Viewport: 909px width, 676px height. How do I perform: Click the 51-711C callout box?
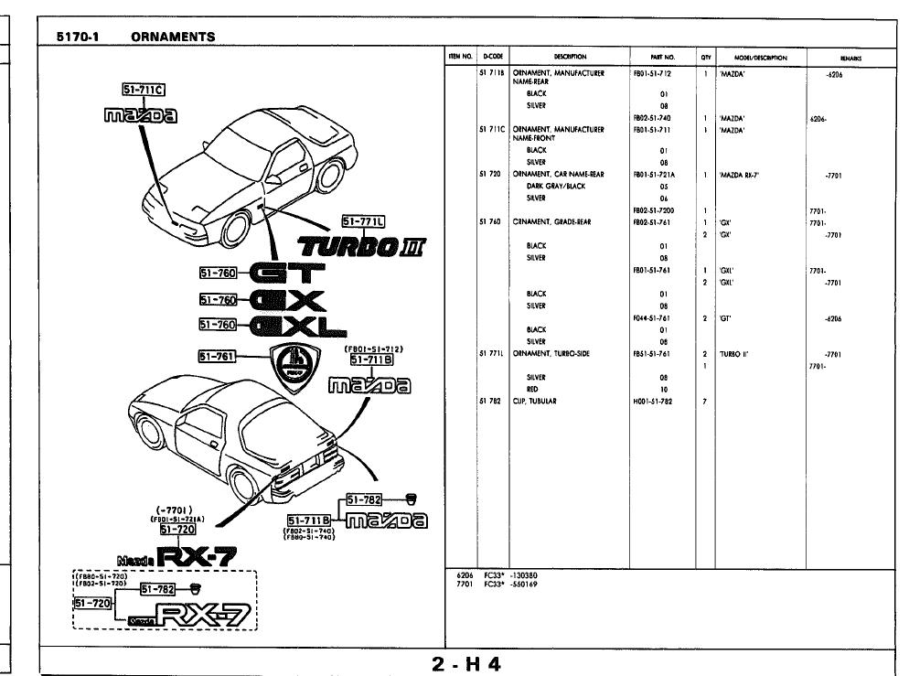[x=143, y=89]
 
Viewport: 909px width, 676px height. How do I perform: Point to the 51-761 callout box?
[x=219, y=356]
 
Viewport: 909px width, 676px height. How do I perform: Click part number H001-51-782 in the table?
[x=653, y=401]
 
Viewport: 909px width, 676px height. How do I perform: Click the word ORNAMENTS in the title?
[x=173, y=38]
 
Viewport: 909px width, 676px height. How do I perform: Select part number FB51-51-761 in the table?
[x=653, y=352]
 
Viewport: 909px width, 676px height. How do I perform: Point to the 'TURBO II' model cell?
[x=734, y=352]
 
